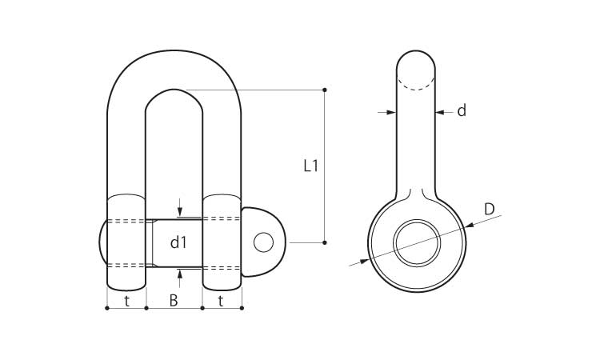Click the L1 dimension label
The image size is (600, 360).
point(310,166)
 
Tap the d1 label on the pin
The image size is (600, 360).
point(178,242)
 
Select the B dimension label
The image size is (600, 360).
point(174,301)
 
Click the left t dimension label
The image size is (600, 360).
point(126,302)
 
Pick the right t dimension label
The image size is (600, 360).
point(221,302)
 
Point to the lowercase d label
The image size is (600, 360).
point(462,110)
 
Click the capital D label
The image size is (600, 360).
point(490,210)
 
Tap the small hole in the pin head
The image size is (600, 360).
point(263,242)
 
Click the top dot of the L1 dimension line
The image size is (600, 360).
point(325,90)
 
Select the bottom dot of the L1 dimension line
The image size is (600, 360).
point(325,242)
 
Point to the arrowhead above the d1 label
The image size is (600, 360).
point(180,212)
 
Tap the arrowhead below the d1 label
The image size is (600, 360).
point(180,274)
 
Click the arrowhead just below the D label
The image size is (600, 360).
point(470,226)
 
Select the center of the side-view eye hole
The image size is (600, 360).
point(417,243)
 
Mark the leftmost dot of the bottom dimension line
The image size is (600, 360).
point(107,308)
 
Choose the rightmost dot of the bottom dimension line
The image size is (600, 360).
point(242,308)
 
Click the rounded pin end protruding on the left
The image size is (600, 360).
point(103,242)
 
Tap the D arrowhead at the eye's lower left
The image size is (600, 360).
point(364,262)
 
